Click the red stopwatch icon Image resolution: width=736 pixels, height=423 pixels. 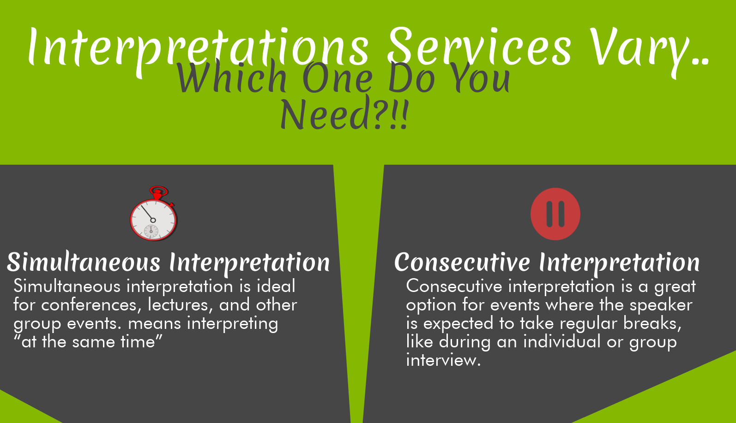click(153, 214)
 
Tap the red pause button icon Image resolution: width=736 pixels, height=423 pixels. click(555, 214)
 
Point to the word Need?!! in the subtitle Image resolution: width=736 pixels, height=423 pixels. click(344, 113)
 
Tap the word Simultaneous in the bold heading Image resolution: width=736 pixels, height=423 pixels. click(84, 262)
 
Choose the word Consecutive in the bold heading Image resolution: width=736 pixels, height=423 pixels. click(462, 262)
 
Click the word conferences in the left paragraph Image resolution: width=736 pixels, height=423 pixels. click(89, 305)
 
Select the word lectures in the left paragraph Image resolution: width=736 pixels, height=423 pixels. click(178, 305)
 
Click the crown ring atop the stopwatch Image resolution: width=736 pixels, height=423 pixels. click(159, 191)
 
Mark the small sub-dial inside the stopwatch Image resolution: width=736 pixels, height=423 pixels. click(151, 232)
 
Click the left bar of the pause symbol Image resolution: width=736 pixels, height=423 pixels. click(549, 214)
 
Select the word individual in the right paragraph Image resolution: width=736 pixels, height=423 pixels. click(562, 342)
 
